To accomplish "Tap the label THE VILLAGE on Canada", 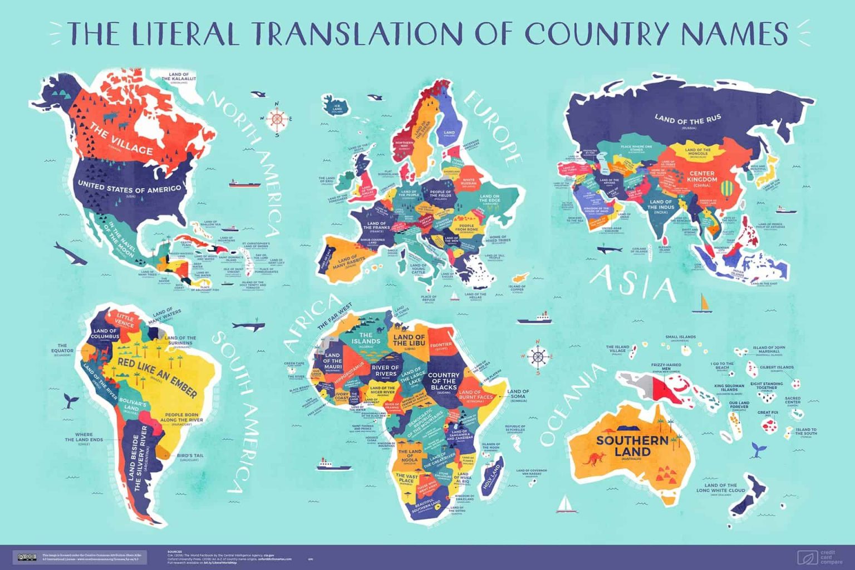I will click(x=121, y=140).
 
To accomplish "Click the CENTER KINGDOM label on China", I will click(x=702, y=176).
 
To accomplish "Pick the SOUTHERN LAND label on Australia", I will click(x=632, y=445).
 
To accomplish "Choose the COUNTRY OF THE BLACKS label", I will click(x=444, y=380).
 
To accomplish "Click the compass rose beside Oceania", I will click(x=538, y=356).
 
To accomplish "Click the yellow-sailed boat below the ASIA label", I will click(x=705, y=304).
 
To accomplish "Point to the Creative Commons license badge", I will click(x=27, y=557).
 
